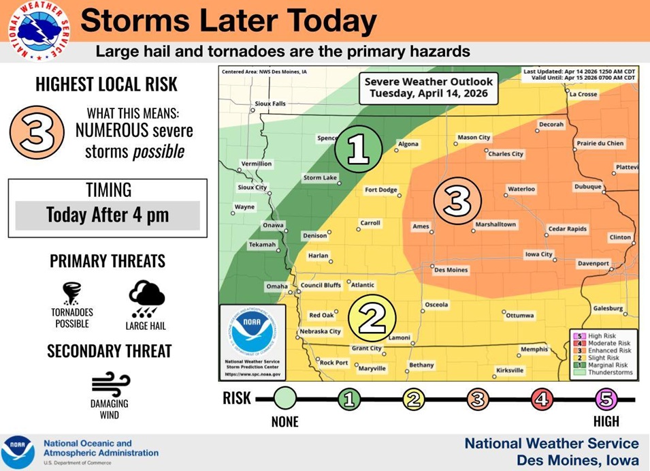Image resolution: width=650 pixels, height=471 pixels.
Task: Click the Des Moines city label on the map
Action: click(451, 270)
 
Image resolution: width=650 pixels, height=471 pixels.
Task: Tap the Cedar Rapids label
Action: click(567, 229)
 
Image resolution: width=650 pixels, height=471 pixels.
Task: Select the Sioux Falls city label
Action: click(270, 104)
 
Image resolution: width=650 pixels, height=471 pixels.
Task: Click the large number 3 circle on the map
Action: click(457, 200)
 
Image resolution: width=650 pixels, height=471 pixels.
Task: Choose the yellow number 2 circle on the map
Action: click(372, 318)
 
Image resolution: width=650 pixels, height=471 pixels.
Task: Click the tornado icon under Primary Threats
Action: click(71, 293)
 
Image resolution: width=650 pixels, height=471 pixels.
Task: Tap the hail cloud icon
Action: click(146, 299)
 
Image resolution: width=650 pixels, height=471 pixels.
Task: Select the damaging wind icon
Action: click(110, 384)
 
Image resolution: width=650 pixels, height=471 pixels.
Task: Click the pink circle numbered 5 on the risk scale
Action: click(606, 399)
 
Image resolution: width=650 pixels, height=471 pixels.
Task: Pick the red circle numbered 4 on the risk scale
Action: click(542, 399)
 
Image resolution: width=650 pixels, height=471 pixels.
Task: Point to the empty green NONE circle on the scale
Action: click(286, 398)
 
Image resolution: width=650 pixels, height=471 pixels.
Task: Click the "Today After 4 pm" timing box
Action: click(108, 215)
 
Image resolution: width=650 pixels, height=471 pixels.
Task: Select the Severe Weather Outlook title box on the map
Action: click(428, 87)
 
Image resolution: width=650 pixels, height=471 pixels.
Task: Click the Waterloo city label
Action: click(521, 189)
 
